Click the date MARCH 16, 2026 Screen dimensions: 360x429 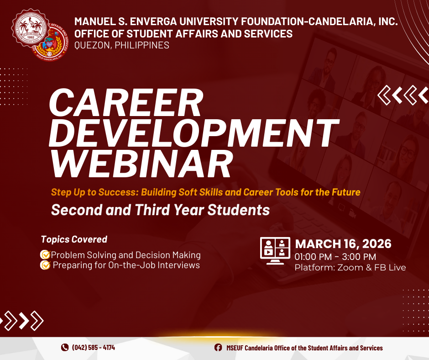[x=343, y=244]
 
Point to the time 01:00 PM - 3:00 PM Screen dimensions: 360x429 [x=335, y=257]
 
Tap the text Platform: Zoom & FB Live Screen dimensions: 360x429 [x=350, y=268]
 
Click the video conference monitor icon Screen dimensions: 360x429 [x=275, y=251]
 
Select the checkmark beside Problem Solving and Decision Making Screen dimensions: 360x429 [x=45, y=255]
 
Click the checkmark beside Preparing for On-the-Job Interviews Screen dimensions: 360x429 [x=45, y=265]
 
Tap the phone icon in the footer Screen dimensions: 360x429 [x=64, y=348]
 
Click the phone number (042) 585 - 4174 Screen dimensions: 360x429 [x=94, y=348]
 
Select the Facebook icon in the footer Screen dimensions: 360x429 [x=218, y=348]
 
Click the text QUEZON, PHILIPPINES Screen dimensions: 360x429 [x=122, y=45]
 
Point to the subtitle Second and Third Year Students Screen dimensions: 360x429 [x=160, y=210]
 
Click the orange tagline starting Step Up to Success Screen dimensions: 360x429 [x=205, y=192]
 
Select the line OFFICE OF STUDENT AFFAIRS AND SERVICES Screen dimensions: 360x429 [x=183, y=33]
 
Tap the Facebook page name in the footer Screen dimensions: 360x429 [x=304, y=348]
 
